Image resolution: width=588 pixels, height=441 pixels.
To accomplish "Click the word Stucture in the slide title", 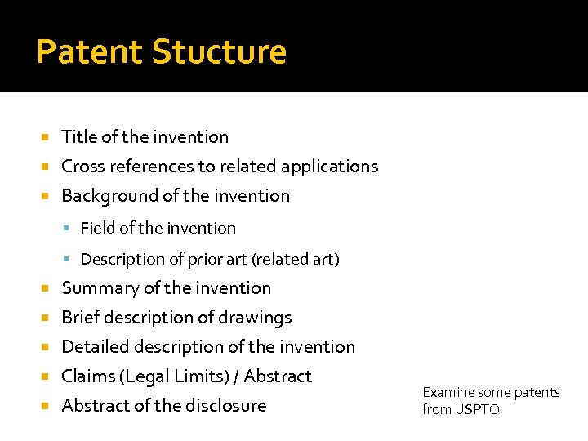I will (220, 52).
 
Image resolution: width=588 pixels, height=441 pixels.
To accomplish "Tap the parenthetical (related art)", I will (296, 260).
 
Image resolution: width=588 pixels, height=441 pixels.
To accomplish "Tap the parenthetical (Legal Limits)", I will (173, 376).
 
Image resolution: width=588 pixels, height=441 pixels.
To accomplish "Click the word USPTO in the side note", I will (478, 410).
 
